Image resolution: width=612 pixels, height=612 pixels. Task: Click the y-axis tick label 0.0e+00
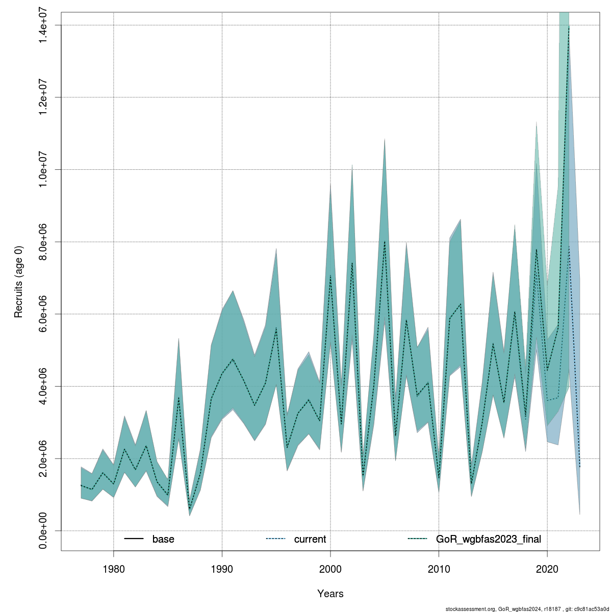point(43,531)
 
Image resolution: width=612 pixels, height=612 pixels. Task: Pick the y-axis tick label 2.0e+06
point(43,458)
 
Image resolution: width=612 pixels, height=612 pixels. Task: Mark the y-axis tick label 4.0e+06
point(43,386)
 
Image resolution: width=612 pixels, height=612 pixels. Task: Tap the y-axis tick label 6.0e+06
point(43,314)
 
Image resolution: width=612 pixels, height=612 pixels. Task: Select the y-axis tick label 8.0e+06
point(43,242)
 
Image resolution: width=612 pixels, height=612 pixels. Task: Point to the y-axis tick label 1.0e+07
point(43,169)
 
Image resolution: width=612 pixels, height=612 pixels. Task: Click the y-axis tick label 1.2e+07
point(43,97)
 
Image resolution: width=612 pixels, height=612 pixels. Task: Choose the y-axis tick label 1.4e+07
point(43,25)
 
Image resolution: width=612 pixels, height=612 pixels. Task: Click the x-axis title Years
point(330,594)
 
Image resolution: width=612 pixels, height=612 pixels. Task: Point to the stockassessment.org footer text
point(527,608)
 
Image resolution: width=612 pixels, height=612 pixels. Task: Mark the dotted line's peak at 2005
point(385,241)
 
